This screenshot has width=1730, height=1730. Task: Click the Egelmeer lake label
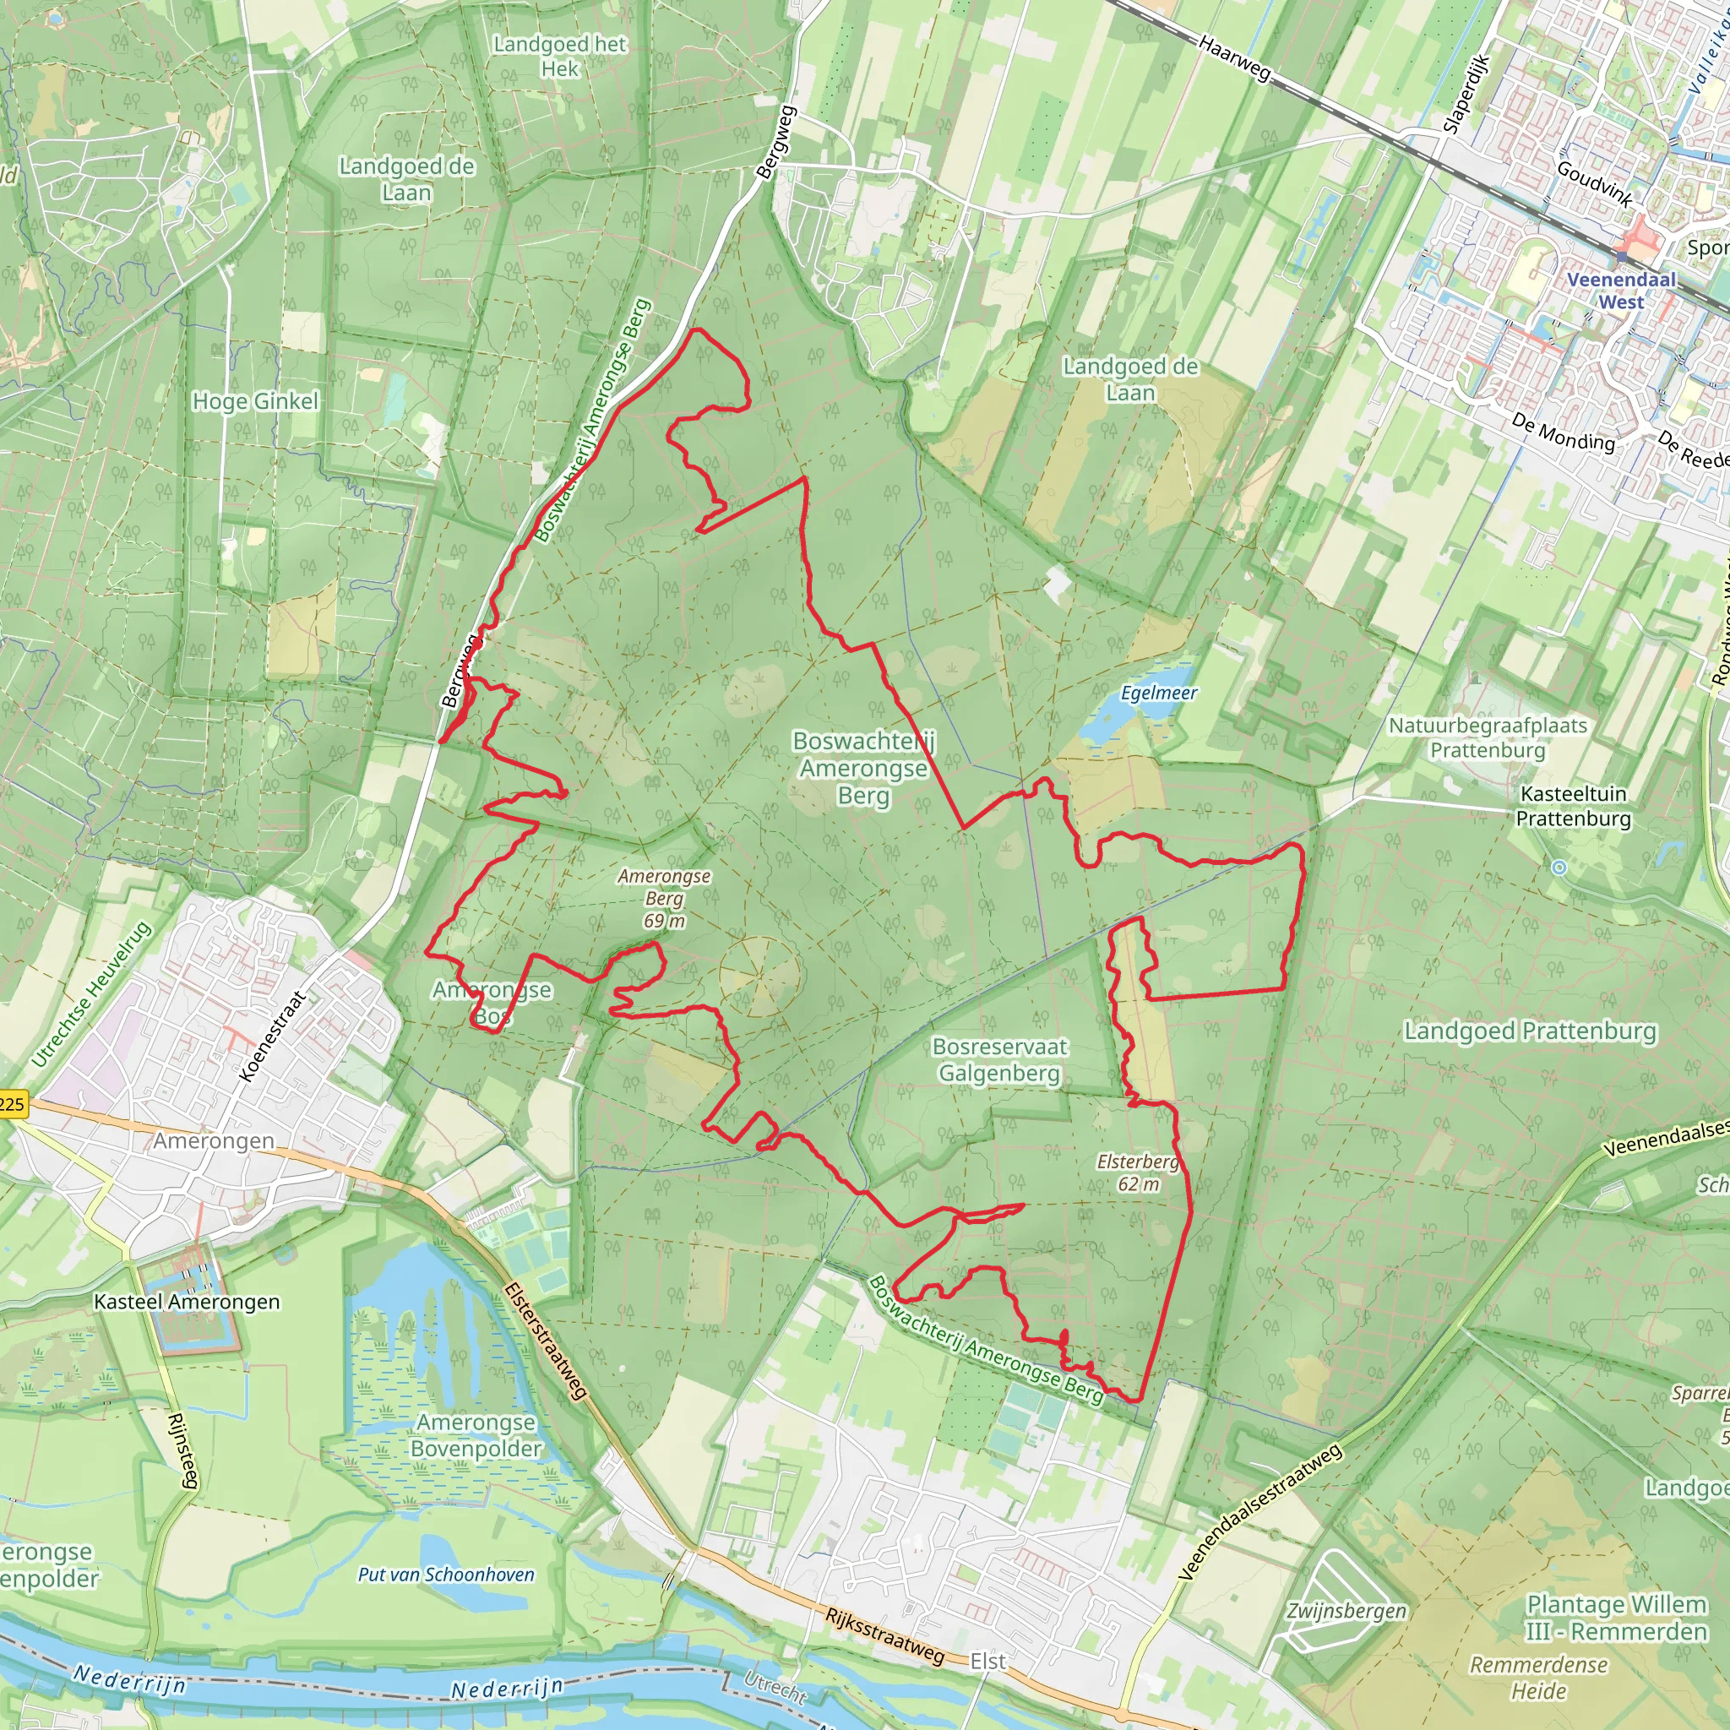coord(1159,693)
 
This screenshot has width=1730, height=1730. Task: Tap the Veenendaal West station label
coord(1621,290)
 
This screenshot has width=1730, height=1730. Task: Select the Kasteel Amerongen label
coord(188,1302)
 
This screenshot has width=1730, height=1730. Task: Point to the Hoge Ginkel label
coord(255,401)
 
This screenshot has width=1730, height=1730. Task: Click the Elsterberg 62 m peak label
coord(1138,1173)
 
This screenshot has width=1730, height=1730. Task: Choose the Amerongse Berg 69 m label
coord(665,898)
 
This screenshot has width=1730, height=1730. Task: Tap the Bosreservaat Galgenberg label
coord(999,1059)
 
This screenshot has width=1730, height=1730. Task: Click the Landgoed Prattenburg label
coord(1531,1031)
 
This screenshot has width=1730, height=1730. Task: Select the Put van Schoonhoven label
coord(446,1575)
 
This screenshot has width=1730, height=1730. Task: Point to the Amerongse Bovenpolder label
coord(476,1435)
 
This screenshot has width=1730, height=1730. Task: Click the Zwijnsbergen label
coord(1346,1611)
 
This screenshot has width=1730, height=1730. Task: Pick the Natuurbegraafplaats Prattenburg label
coord(1488,737)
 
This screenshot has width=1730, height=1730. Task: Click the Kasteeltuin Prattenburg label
coord(1573,806)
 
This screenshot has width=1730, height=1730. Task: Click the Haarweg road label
coord(1235,58)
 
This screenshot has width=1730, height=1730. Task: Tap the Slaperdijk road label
coord(1465,94)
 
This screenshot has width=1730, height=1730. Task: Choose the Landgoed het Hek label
coord(560,57)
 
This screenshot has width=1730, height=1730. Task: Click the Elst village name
coord(988,1661)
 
